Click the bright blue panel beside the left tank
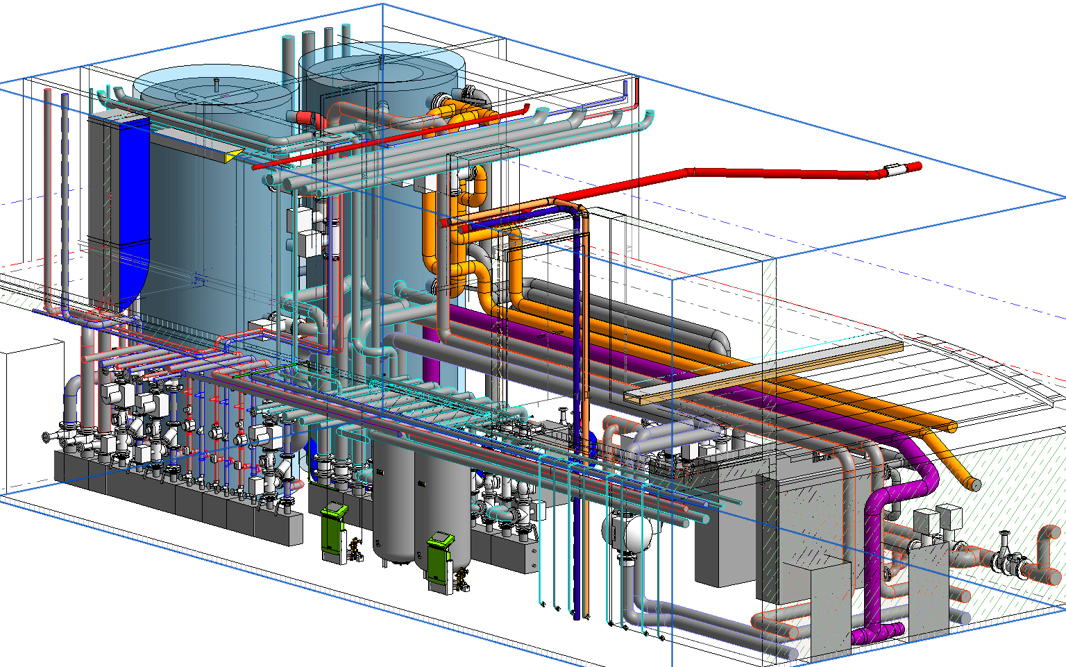[135, 208]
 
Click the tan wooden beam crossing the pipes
[763, 371]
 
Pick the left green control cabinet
[333, 531]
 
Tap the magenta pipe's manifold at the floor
[878, 633]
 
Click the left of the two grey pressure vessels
[393, 500]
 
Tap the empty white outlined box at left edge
[24, 416]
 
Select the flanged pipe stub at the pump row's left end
[49, 437]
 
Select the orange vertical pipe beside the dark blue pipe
[586, 416]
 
